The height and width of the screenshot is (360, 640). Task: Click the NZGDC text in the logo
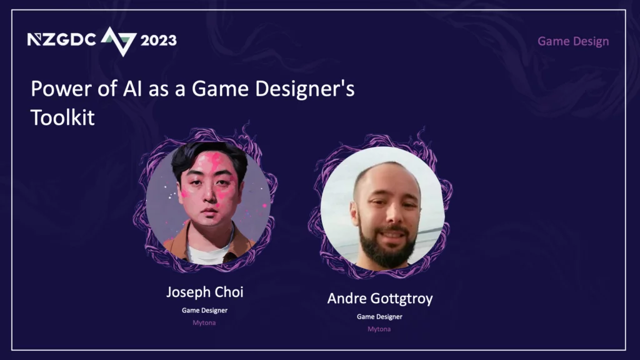coord(61,39)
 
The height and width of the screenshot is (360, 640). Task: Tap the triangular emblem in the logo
coord(118,41)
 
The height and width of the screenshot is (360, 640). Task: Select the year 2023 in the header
coord(158,40)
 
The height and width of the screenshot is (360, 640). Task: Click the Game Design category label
coord(573,41)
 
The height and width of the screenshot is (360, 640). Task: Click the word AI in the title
coord(132,88)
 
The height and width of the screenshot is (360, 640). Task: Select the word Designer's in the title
coord(304,89)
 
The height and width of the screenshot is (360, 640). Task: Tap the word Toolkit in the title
coord(62,117)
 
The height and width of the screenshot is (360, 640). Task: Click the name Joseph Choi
coord(204,292)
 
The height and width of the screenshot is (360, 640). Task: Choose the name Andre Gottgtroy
coord(379,299)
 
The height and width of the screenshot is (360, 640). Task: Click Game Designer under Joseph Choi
coord(204,310)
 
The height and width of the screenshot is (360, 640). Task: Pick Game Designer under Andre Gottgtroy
coord(379,317)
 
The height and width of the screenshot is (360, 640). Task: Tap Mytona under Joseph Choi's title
coord(204,323)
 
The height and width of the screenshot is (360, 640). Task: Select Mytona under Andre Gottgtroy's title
coord(379,329)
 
